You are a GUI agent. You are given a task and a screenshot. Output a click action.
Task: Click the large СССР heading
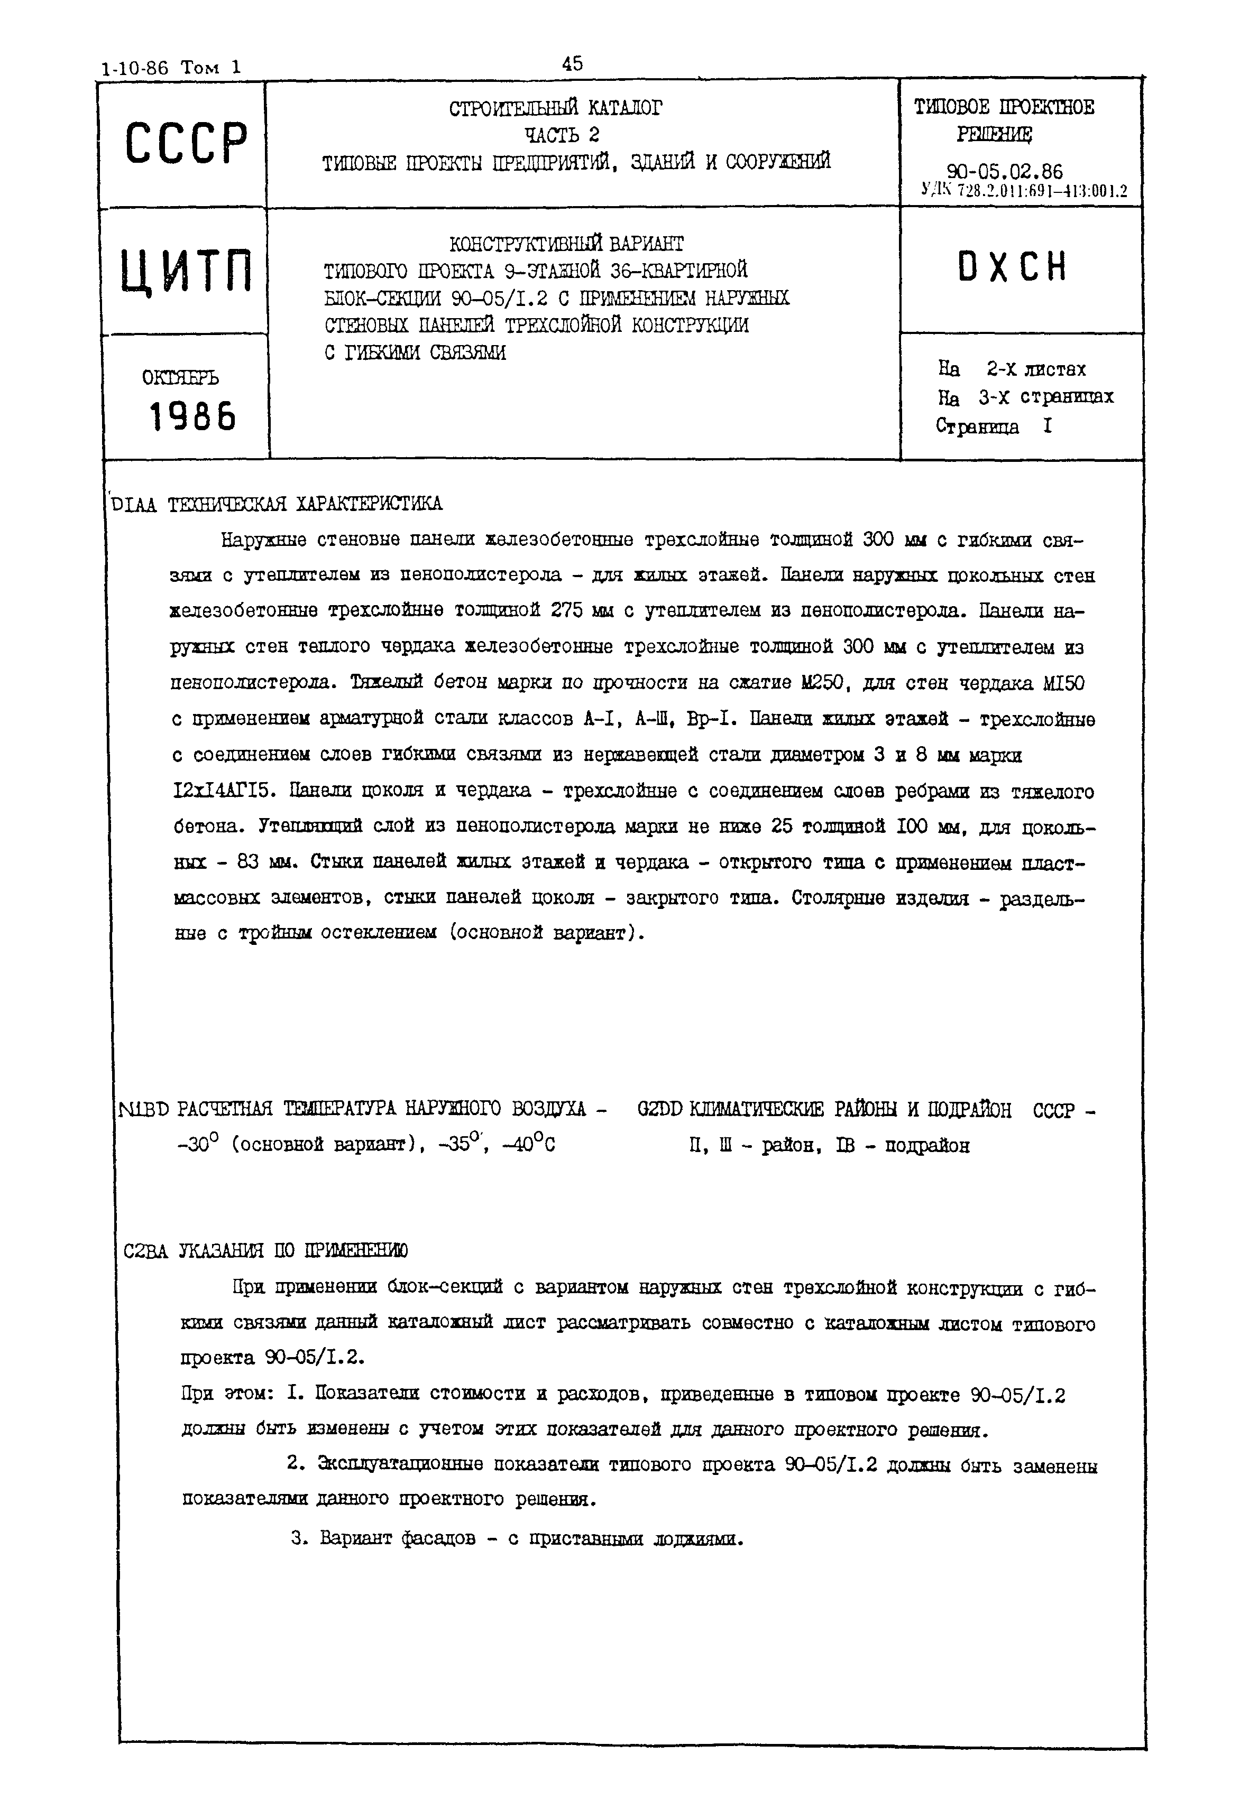coord(186,143)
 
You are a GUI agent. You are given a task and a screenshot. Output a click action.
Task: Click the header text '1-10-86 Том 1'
coord(171,67)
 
